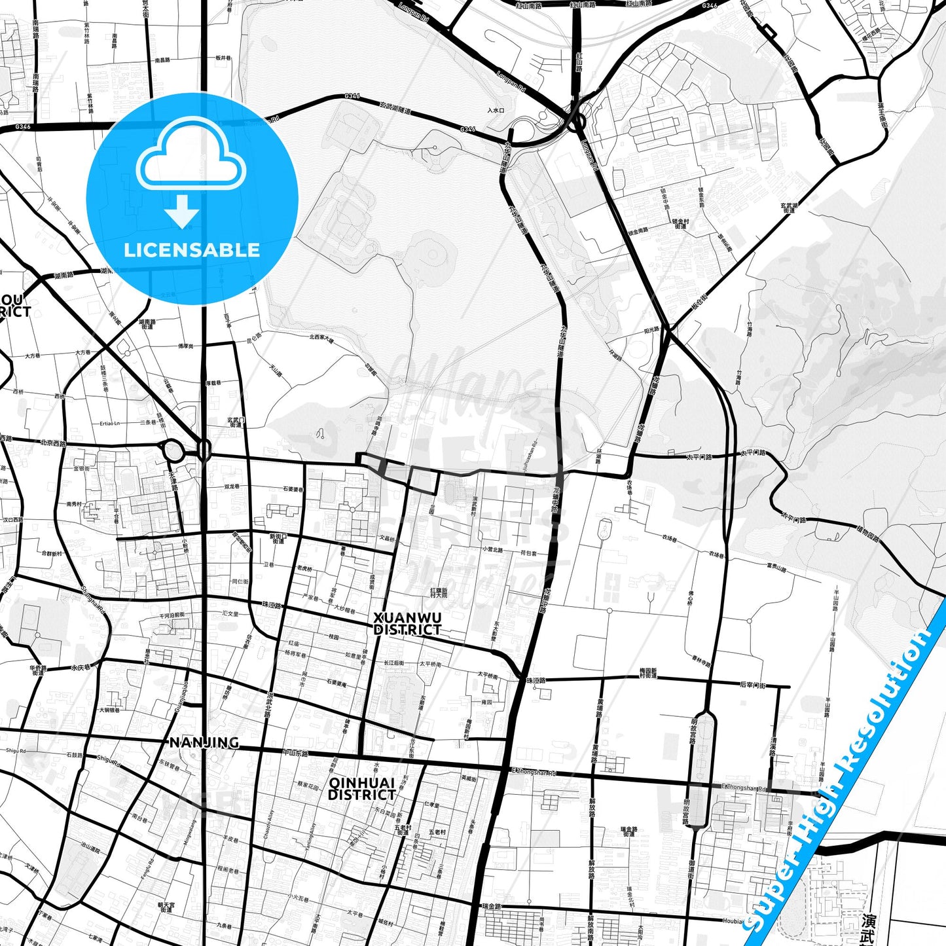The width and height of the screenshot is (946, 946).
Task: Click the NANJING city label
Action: pos(204,742)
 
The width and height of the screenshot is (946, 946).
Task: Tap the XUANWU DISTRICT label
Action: pos(407,624)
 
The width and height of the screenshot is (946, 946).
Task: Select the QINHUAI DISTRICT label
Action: pos(361,789)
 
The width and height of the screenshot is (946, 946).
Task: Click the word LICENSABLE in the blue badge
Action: pos(192,250)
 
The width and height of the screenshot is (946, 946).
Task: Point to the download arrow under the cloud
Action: pos(182,212)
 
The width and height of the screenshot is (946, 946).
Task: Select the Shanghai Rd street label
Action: pos(93,598)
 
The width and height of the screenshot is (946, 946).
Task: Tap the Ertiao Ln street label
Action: pos(110,424)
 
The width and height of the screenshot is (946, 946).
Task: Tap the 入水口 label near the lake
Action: pos(496,111)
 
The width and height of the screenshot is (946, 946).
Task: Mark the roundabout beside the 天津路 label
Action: pos(173,450)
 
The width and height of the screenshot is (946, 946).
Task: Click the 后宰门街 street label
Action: pos(752,684)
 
